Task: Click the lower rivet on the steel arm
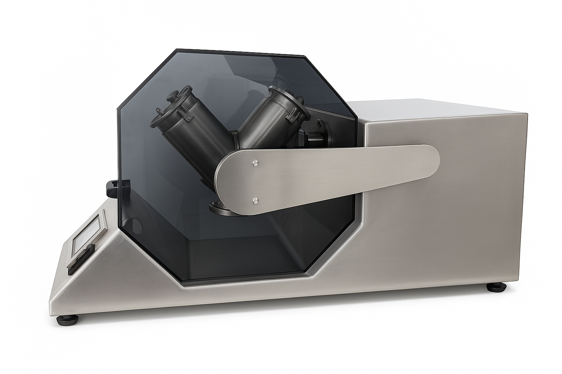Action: point(256,200)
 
